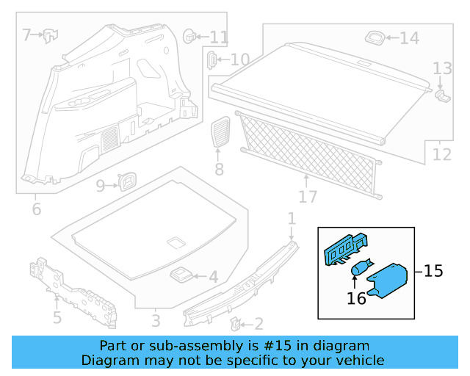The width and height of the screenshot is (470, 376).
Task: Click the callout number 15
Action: coord(433,271)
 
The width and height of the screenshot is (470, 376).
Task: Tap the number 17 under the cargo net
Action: coord(308,197)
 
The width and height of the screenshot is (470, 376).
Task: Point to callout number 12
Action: coord(442,155)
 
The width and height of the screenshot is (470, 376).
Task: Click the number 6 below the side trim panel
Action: coord(37,209)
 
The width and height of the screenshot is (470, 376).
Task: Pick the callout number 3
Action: coord(156,321)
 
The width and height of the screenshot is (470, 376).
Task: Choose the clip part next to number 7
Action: coord(51,34)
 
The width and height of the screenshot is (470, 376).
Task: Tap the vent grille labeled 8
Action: coord(220,134)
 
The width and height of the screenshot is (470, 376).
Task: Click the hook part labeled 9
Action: coord(129,180)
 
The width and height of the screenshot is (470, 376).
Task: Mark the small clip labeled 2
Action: coord(236,322)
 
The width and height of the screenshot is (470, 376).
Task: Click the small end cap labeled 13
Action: coord(442,94)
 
